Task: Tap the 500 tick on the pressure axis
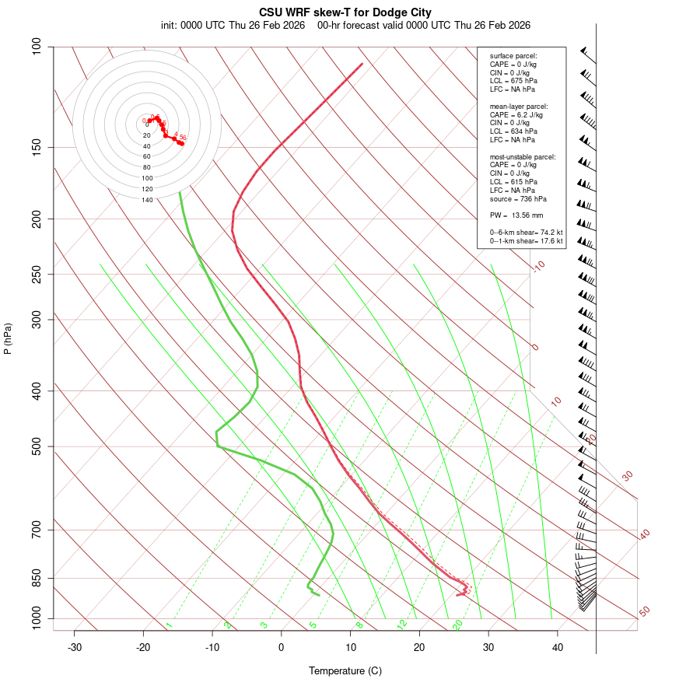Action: coord(37,446)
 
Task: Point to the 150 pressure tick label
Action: coord(37,147)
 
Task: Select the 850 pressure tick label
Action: coord(37,578)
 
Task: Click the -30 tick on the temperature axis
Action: coord(75,647)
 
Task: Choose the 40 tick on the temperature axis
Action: coord(558,647)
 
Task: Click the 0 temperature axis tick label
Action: coord(282,647)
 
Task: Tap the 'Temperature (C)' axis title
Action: coord(345,670)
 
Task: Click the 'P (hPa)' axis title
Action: coord(8,338)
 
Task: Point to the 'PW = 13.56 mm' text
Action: coord(516,215)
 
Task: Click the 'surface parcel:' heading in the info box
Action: coord(513,56)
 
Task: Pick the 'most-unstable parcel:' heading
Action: coord(523,157)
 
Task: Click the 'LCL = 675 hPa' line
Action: coord(513,81)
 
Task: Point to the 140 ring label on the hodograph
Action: coord(147,200)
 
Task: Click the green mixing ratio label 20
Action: coord(458,624)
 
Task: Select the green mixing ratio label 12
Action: coord(402,624)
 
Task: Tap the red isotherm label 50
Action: coord(644,612)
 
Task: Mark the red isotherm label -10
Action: coord(537,267)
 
